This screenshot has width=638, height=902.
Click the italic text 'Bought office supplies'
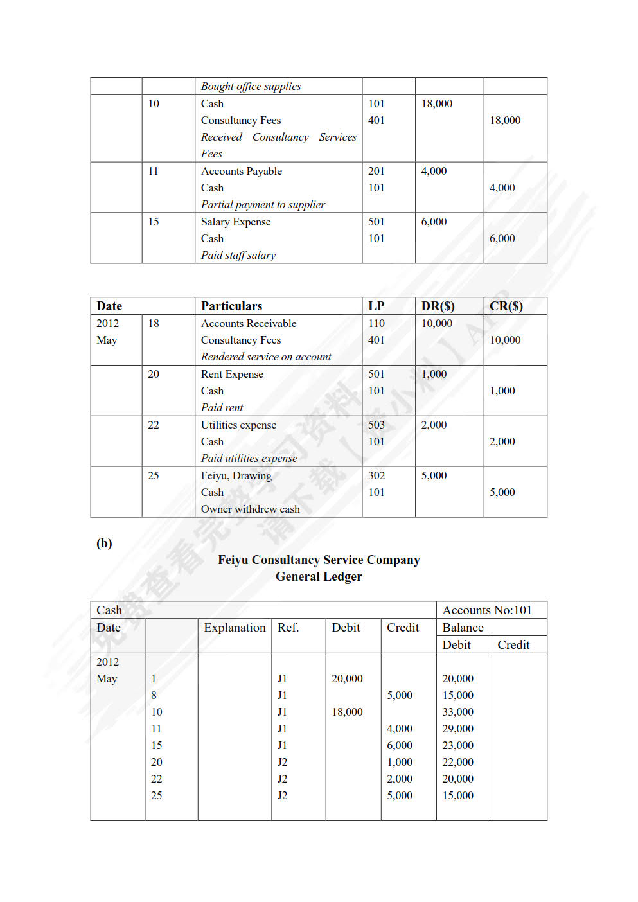(251, 86)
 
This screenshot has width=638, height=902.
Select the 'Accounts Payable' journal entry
(241, 171)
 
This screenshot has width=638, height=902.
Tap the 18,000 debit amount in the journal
(436, 103)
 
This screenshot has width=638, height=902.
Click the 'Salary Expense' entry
(235, 222)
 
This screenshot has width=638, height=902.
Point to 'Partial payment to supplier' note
(263, 204)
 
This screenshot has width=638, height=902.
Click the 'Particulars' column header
(231, 306)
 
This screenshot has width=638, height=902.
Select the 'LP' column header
(376, 306)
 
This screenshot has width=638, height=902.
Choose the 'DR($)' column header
(438, 306)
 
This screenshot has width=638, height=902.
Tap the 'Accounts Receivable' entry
(248, 323)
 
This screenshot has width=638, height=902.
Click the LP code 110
(376, 323)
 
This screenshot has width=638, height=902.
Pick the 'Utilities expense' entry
(238, 425)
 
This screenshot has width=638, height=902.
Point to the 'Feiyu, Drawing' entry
(236, 475)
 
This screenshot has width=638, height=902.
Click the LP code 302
(376, 475)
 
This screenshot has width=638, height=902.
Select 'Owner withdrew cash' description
(250, 509)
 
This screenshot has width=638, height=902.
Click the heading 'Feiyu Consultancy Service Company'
(319, 560)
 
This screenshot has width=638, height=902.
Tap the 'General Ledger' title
(319, 576)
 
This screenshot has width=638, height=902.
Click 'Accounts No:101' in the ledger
(487, 610)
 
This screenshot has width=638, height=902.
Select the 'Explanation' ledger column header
(235, 627)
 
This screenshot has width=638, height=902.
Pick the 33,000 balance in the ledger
(457, 712)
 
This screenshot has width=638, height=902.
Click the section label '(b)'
(104, 543)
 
